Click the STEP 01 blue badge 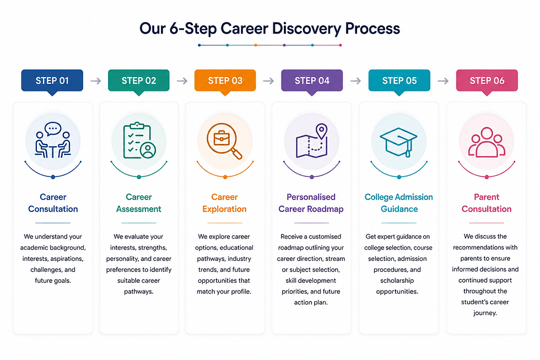coord(52,80)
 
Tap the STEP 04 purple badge coord(312,80)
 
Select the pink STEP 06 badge coord(487,80)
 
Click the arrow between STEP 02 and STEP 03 coord(182,81)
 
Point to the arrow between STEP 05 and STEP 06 coord(443,81)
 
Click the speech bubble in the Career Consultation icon coord(53,129)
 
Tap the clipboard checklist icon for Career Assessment coord(139,141)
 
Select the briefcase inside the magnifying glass coord(222,138)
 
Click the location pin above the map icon coord(322,131)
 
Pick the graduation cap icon coord(398,142)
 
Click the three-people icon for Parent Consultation coord(487,142)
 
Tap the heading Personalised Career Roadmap coord(311,203)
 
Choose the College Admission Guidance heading coord(399,203)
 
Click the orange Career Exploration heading coord(225,203)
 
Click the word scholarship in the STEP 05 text coord(397,281)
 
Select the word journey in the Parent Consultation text coord(484,313)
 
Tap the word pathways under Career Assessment coord(138,292)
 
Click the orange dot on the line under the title coord(256,45)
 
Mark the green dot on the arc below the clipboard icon coord(139,177)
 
